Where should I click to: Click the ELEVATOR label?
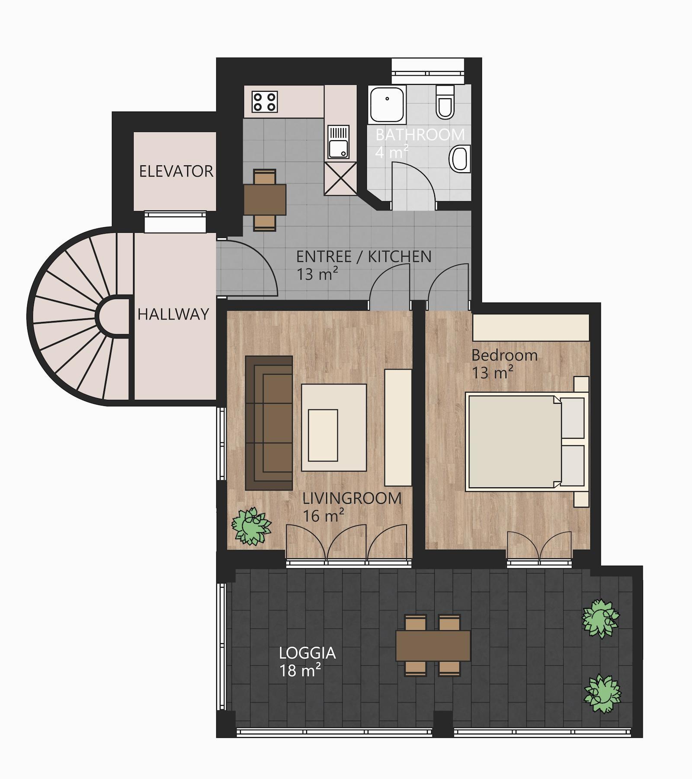[x=176, y=171]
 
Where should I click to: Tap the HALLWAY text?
[x=173, y=314]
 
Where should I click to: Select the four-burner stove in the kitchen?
[x=265, y=102]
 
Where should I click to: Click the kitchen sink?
[x=338, y=142]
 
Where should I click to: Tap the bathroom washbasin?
[x=460, y=159]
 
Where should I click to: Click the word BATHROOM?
[x=420, y=135]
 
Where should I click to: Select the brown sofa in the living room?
[x=269, y=423]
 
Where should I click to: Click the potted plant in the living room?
[x=251, y=526]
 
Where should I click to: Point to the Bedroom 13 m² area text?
[x=504, y=364]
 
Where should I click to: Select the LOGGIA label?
[x=308, y=653]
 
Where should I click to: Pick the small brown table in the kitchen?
[x=265, y=200]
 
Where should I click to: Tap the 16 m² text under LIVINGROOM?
[x=324, y=515]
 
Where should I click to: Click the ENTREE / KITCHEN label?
[x=364, y=257]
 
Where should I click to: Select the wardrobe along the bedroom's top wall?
[x=531, y=328]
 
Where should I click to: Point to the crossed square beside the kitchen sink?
[x=340, y=178]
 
